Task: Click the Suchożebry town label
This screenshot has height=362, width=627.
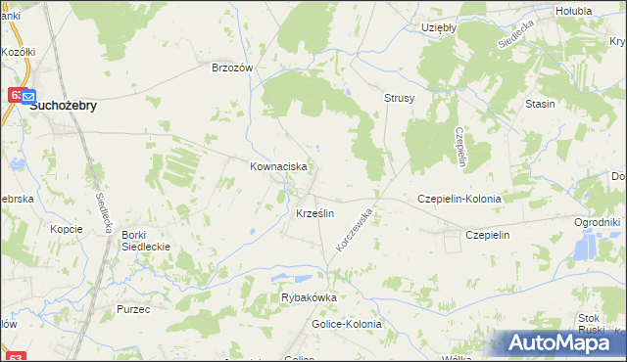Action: pos(64,107)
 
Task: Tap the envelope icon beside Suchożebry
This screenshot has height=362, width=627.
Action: pos(26,98)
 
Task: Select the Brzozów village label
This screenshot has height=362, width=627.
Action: pos(233,68)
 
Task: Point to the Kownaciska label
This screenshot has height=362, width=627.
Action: pos(279,167)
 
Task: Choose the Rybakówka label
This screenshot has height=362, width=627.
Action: pos(309,297)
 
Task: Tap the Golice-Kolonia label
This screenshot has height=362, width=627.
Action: pos(347,324)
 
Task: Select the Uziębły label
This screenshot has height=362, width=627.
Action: pos(438,27)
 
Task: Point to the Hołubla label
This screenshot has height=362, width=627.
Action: pos(572,11)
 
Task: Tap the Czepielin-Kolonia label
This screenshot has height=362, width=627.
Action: pos(459,198)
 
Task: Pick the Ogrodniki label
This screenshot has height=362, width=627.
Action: pos(598,222)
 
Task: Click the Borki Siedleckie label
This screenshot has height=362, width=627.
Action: pos(145,241)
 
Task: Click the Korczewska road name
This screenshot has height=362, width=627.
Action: pos(355,229)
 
